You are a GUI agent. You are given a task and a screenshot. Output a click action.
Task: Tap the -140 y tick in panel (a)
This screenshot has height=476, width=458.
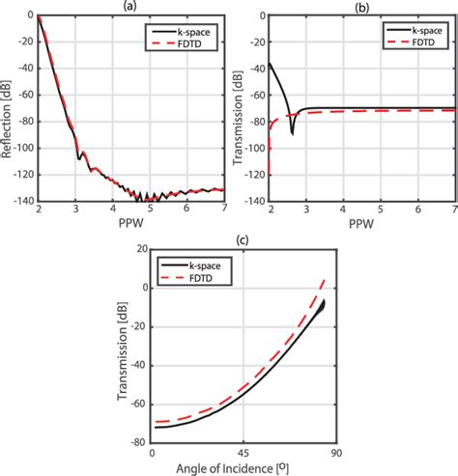(21, 201)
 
